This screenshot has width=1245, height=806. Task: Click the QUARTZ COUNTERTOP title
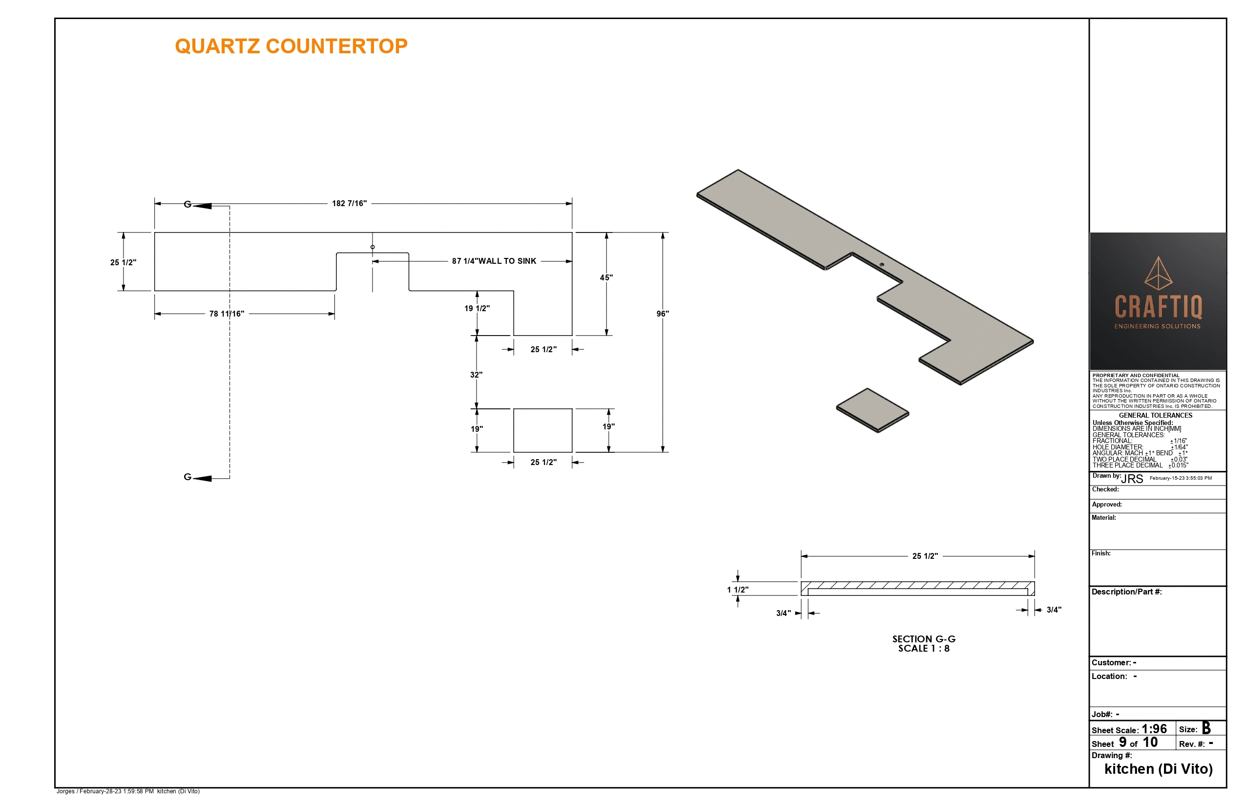tap(291, 46)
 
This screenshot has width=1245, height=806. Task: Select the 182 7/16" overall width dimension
tap(350, 203)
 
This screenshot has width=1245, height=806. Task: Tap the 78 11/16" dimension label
tap(227, 314)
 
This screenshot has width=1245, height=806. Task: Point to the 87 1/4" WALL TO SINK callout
tap(494, 261)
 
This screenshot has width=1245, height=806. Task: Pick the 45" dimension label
tap(606, 277)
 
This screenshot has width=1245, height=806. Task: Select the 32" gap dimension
tap(476, 375)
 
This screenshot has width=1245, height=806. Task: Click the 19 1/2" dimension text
tap(477, 308)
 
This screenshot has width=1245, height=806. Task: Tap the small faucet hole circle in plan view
tap(373, 247)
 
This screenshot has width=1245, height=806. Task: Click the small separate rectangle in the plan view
tap(542, 430)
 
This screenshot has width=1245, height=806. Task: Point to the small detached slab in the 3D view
tap(872, 410)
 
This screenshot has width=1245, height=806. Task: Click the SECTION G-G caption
tap(924, 639)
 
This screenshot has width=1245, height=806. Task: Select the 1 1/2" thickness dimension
tap(738, 590)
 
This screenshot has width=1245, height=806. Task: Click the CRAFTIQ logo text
tap(1158, 307)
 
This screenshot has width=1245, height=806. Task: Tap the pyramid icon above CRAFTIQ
tap(1158, 273)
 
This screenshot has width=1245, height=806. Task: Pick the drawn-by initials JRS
tap(1132, 479)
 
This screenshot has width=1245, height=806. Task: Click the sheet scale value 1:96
tap(1154, 729)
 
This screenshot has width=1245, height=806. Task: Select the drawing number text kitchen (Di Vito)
tap(1158, 769)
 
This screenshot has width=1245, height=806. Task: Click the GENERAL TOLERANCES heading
tap(1156, 416)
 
